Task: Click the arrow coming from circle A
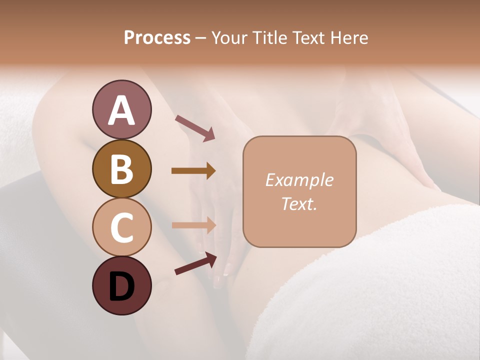tap(195, 127)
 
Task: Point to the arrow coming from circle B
tap(193, 171)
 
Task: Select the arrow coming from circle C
tap(194, 225)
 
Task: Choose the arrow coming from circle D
tap(195, 263)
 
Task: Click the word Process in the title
tap(157, 38)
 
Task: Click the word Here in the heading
tap(348, 38)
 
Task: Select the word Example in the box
tap(299, 180)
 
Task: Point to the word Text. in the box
tap(299, 203)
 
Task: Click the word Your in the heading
tap(230, 38)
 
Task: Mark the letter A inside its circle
tap(121, 110)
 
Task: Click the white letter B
tap(121, 169)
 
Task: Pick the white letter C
tap(121, 227)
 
